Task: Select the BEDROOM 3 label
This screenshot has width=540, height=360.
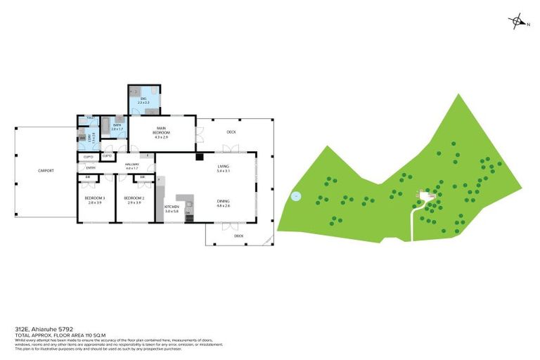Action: point(94,200)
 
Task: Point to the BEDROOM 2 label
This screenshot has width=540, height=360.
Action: point(134,200)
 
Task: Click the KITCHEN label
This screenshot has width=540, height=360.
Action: point(172,209)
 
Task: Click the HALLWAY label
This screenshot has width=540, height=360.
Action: point(133,167)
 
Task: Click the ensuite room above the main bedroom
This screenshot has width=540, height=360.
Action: point(143,101)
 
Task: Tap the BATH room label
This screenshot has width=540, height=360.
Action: point(117,128)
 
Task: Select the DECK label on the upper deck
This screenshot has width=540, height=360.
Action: point(231,132)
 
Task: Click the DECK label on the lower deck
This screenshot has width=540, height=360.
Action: point(239,236)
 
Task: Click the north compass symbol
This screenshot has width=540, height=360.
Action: point(518,22)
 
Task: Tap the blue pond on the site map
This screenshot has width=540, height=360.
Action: point(296,196)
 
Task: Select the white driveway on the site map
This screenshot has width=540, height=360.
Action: point(413,221)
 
